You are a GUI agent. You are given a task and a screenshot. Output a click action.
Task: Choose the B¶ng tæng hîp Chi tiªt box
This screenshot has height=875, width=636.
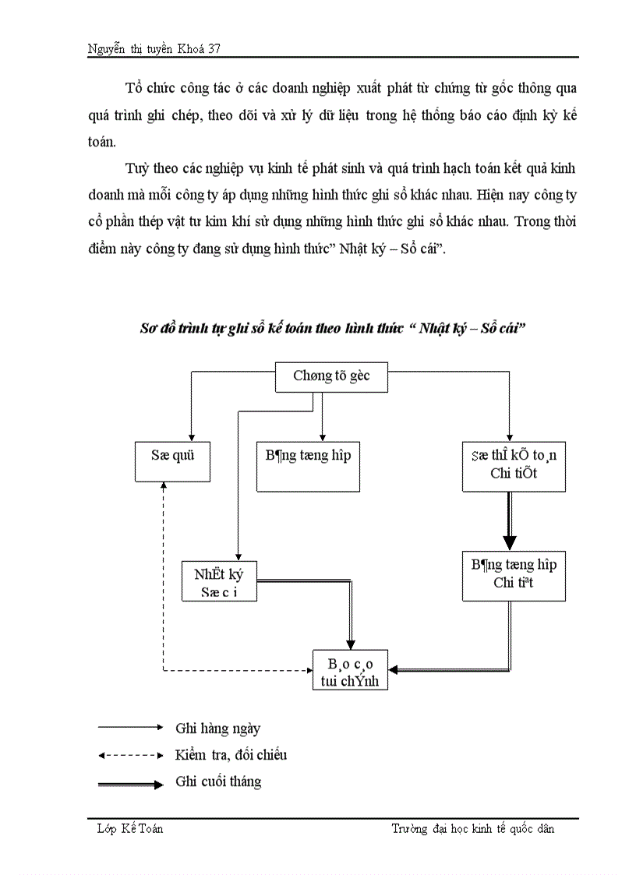[514, 574]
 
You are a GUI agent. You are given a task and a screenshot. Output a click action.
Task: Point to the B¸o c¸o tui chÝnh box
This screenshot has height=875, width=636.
[351, 670]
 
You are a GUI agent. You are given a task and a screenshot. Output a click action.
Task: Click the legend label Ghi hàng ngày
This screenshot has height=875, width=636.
[217, 729]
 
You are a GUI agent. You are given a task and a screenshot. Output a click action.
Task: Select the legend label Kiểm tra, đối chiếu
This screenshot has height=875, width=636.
[231, 754]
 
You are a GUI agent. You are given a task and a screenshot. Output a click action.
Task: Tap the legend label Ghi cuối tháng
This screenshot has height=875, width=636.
[218, 781]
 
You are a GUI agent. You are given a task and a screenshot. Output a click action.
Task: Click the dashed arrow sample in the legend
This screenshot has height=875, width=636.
[130, 755]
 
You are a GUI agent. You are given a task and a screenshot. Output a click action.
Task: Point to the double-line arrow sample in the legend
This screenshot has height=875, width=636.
[130, 783]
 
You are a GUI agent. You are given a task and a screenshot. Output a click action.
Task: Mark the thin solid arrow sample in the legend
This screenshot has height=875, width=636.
[130, 728]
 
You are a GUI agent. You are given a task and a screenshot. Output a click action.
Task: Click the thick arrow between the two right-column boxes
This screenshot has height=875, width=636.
[510, 521]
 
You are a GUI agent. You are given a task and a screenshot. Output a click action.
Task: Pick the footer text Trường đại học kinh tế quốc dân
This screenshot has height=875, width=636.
[472, 829]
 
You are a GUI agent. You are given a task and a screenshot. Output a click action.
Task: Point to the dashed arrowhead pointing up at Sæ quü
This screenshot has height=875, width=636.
[163, 485]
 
